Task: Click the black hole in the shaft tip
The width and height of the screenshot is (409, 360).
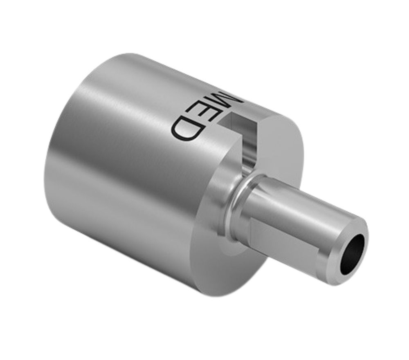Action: click(x=353, y=255)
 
